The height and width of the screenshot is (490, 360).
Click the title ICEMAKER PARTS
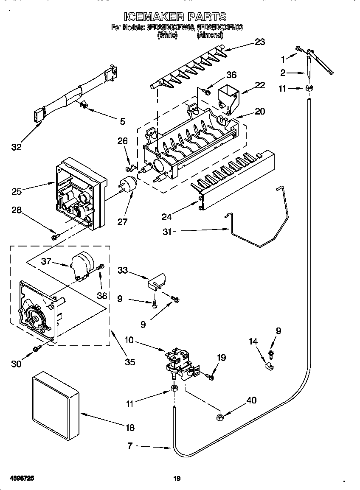(174, 17)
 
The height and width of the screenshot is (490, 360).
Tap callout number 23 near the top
(259, 42)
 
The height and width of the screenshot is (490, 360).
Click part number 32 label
(16, 147)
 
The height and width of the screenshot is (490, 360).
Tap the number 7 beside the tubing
(130, 446)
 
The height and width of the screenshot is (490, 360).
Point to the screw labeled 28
(55, 237)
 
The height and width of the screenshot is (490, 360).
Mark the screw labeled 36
(208, 90)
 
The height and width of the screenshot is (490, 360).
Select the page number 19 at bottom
(177, 479)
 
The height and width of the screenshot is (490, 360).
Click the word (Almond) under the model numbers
(210, 36)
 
